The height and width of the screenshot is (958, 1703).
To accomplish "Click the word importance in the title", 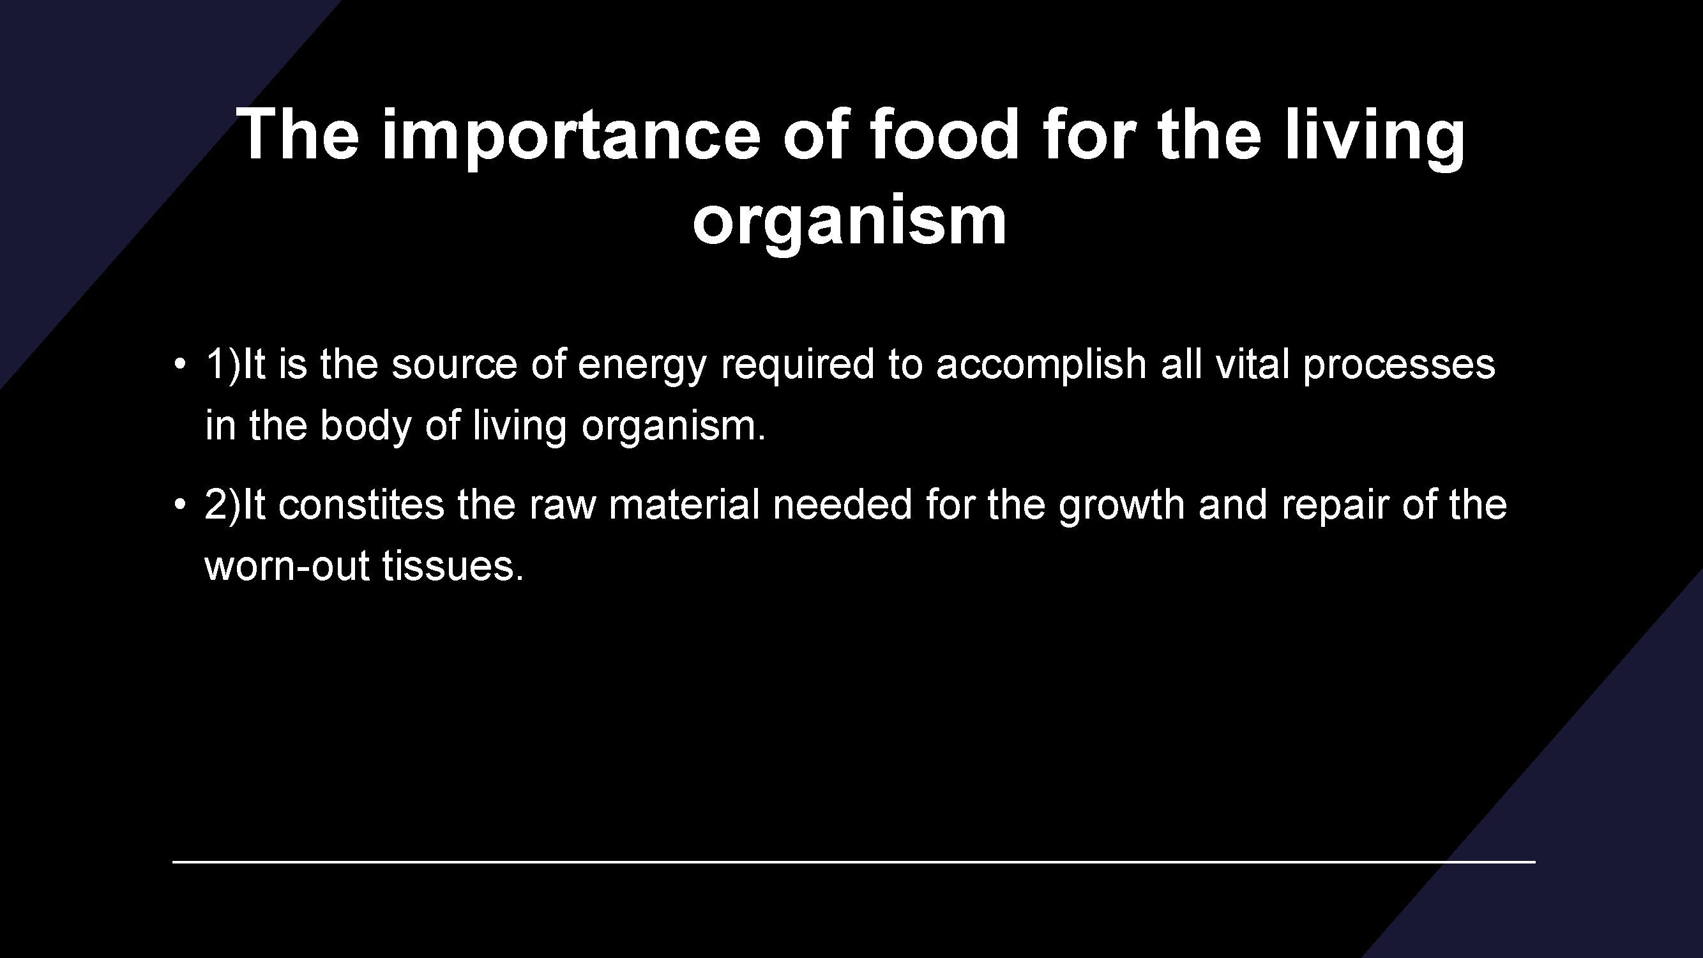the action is click(x=571, y=136).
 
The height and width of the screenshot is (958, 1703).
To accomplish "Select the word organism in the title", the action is click(x=849, y=222).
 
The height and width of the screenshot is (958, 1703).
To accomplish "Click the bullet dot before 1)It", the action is click(x=180, y=364).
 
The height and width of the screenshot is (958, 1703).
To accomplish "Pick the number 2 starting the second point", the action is click(x=216, y=505).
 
